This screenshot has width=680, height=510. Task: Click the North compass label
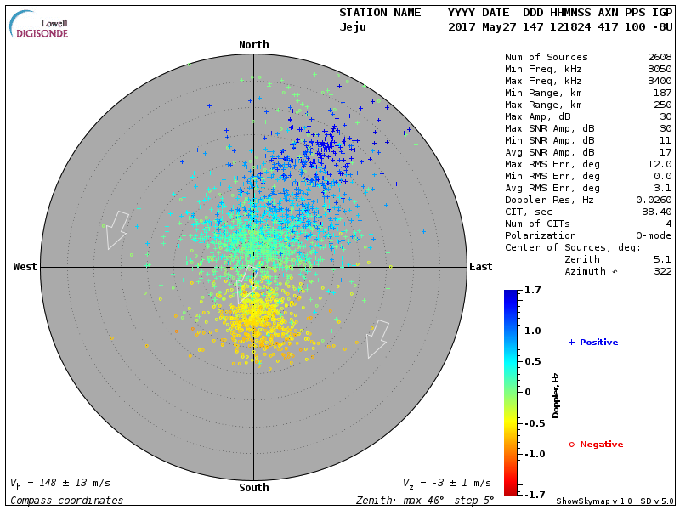(253, 45)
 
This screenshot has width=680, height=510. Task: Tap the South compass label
(253, 488)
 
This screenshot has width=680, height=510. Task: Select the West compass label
(25, 267)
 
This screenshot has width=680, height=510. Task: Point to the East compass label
(481, 267)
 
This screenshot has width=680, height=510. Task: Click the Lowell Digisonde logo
(40, 25)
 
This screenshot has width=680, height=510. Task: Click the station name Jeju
(353, 26)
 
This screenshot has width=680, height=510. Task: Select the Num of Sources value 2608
(659, 58)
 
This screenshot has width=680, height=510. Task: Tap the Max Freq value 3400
(659, 82)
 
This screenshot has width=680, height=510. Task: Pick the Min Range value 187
(662, 93)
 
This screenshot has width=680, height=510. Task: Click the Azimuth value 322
(662, 271)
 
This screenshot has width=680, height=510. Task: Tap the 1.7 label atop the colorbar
(534, 291)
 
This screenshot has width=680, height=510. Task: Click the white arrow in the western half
(116, 229)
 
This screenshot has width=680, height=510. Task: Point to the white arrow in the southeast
(377, 338)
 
